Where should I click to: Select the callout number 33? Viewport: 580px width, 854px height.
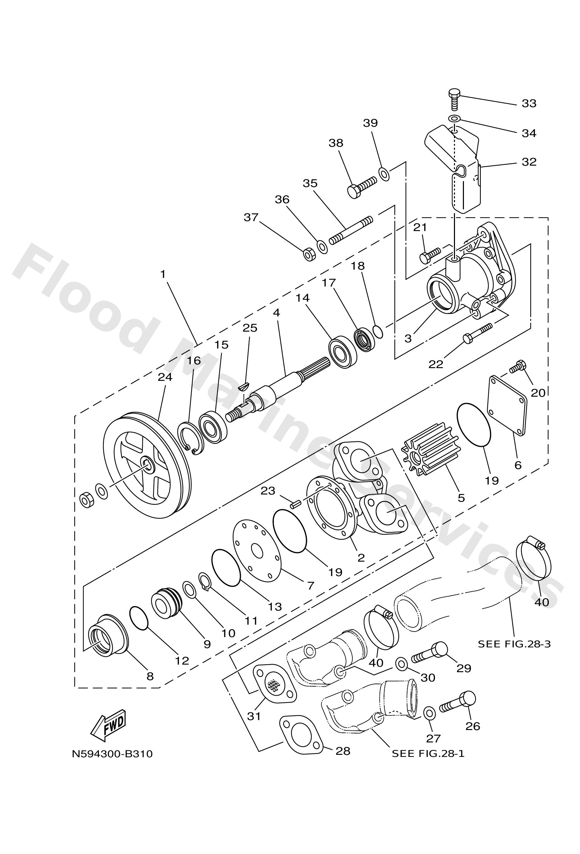point(529,104)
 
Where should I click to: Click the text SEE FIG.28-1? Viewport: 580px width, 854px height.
point(428,754)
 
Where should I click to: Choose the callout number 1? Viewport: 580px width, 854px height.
point(163,274)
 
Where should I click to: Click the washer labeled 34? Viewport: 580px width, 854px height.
point(455,119)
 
